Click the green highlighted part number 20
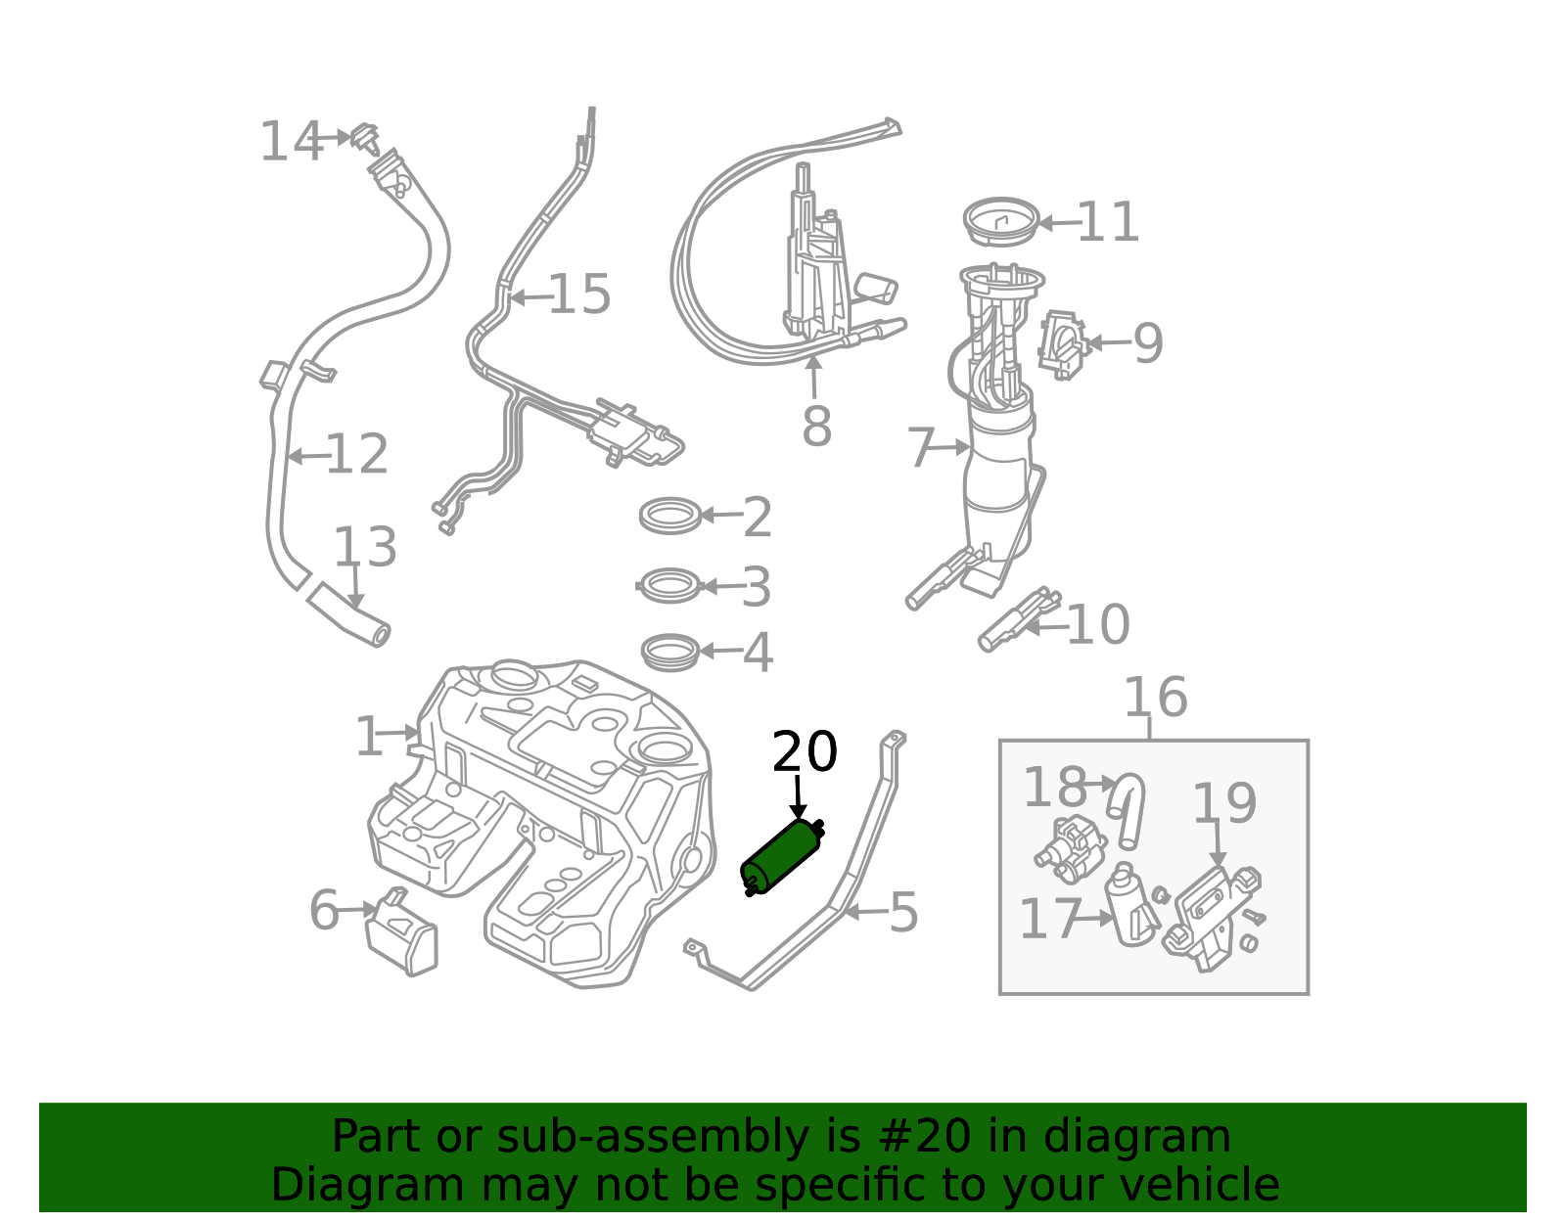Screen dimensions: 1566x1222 point(782,858)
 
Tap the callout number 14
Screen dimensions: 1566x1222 point(291,142)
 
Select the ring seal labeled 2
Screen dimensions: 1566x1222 point(670,516)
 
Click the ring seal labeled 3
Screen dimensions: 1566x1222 point(670,585)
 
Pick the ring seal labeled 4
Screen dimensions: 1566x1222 point(670,652)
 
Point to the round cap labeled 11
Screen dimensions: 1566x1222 point(1001,222)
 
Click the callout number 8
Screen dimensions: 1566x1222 point(816,427)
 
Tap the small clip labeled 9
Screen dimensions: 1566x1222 point(1063,345)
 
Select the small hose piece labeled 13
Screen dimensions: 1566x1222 point(348,614)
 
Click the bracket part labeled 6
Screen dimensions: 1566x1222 point(401,931)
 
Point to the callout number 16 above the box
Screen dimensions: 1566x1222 point(1156,697)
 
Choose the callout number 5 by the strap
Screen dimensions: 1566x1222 point(903,913)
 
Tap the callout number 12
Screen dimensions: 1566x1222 point(357,454)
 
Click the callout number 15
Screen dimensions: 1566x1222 point(579,294)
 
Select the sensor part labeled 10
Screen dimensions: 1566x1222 point(1019,620)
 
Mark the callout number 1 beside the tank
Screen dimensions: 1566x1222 point(369,737)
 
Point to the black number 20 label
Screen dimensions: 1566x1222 point(805,751)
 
